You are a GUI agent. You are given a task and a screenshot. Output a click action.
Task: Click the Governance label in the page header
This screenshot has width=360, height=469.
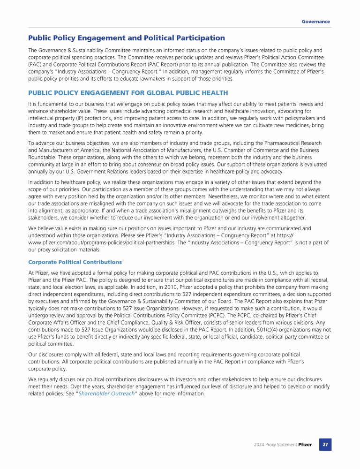click(315, 22)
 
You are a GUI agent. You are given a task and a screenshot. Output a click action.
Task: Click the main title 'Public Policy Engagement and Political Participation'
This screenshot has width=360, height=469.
click(127, 38)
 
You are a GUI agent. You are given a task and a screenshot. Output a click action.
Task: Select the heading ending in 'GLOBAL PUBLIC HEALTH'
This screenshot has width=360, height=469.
click(128, 93)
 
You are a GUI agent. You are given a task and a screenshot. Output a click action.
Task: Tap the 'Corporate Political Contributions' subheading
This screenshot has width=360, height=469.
click(75, 262)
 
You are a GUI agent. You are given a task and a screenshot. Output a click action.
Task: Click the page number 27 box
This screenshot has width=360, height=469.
click(325, 444)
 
